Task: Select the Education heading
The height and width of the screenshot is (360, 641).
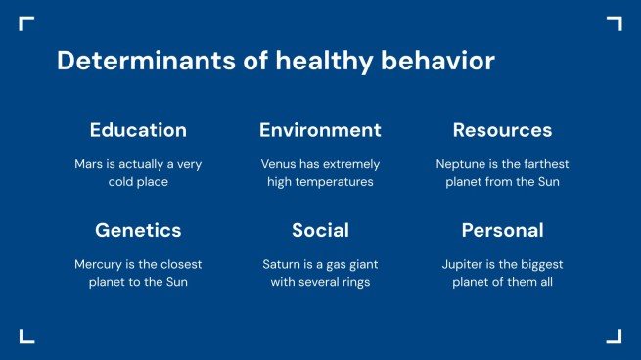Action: coord(138,130)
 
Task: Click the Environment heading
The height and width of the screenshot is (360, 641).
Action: coord(320,130)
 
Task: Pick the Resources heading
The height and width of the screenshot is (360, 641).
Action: coord(502,130)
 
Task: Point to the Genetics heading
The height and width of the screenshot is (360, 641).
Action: coord(138,231)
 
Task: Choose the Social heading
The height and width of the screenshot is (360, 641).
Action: coord(320,231)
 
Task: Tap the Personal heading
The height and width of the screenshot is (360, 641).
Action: coord(502,231)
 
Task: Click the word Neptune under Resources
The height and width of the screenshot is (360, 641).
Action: coord(461,164)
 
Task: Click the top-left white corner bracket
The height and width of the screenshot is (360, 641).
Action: coord(25,22)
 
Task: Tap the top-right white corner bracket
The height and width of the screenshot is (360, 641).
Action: coord(615,22)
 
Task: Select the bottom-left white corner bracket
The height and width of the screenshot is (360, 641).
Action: coord(25,337)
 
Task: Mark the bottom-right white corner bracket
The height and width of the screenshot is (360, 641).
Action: coord(615,337)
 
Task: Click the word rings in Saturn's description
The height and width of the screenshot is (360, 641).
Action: coord(359,283)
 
